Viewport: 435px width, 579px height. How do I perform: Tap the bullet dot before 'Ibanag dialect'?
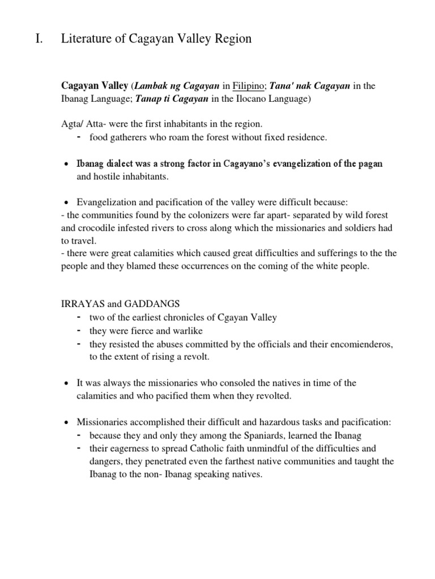coord(66,164)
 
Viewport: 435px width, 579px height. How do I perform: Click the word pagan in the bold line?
coord(370,163)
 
